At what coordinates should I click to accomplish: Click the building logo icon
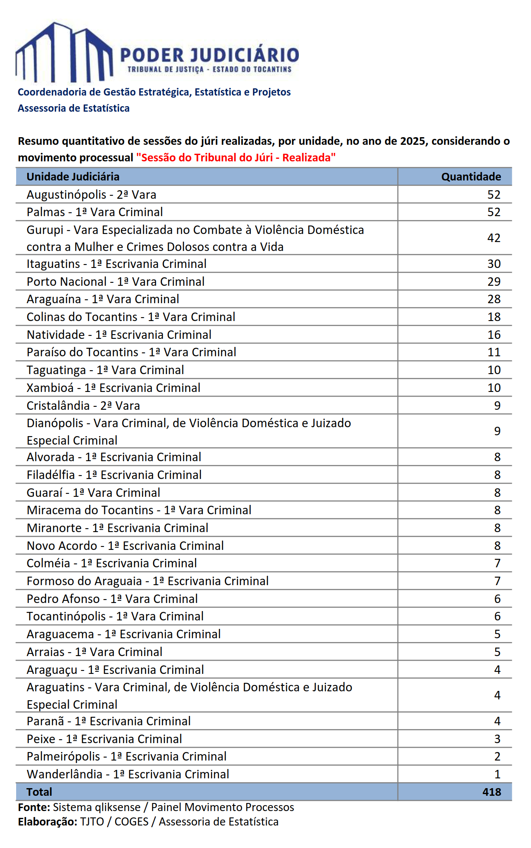[64, 53]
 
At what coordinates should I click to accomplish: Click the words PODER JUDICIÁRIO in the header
[210, 56]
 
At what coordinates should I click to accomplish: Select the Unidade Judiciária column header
[73, 177]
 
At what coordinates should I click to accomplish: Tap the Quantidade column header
[471, 177]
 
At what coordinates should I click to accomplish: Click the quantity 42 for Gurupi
[494, 238]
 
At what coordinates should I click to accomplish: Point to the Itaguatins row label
[116, 264]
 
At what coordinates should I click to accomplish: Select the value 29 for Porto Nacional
[494, 282]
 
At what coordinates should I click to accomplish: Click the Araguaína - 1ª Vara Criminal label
[103, 299]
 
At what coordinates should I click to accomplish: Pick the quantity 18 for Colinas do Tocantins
[494, 317]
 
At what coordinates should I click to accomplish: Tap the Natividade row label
[119, 335]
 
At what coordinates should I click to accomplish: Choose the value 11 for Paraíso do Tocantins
[494, 352]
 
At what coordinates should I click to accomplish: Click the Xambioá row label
[114, 388]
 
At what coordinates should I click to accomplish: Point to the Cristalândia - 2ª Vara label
[83, 406]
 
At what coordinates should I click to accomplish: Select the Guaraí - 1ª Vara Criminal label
[94, 493]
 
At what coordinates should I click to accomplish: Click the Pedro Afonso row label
[112, 599]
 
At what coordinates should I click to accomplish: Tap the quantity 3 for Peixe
[497, 739]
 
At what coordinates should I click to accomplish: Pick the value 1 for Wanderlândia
[497, 774]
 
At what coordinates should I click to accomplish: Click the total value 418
[491, 792]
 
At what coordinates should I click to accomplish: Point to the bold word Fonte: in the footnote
[34, 807]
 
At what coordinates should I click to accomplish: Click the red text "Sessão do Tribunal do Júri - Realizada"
[236, 158]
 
